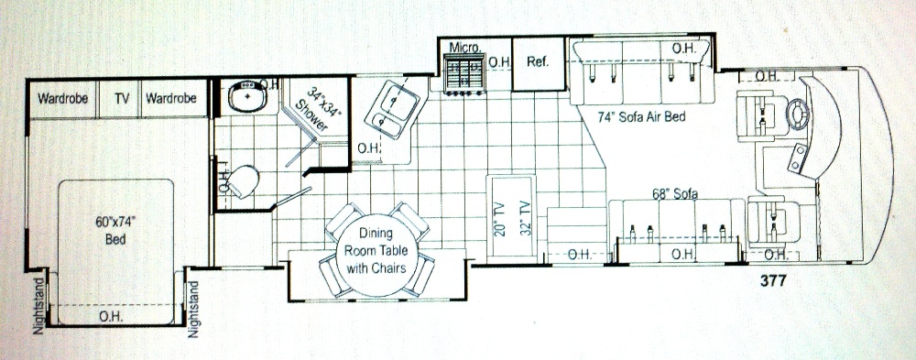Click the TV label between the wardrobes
coord(122,98)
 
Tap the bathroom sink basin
coord(247,96)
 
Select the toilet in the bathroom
coord(244,181)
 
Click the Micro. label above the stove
coord(464,47)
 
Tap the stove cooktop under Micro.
coord(464,73)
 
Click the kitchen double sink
coord(391,109)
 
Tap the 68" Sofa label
coord(675,193)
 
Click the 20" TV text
coord(498,218)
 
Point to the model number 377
coord(773,280)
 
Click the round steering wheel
coord(799,113)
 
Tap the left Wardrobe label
coord(62,98)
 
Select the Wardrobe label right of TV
coord(171,98)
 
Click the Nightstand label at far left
coord(38,306)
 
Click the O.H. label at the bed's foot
coord(109,316)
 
